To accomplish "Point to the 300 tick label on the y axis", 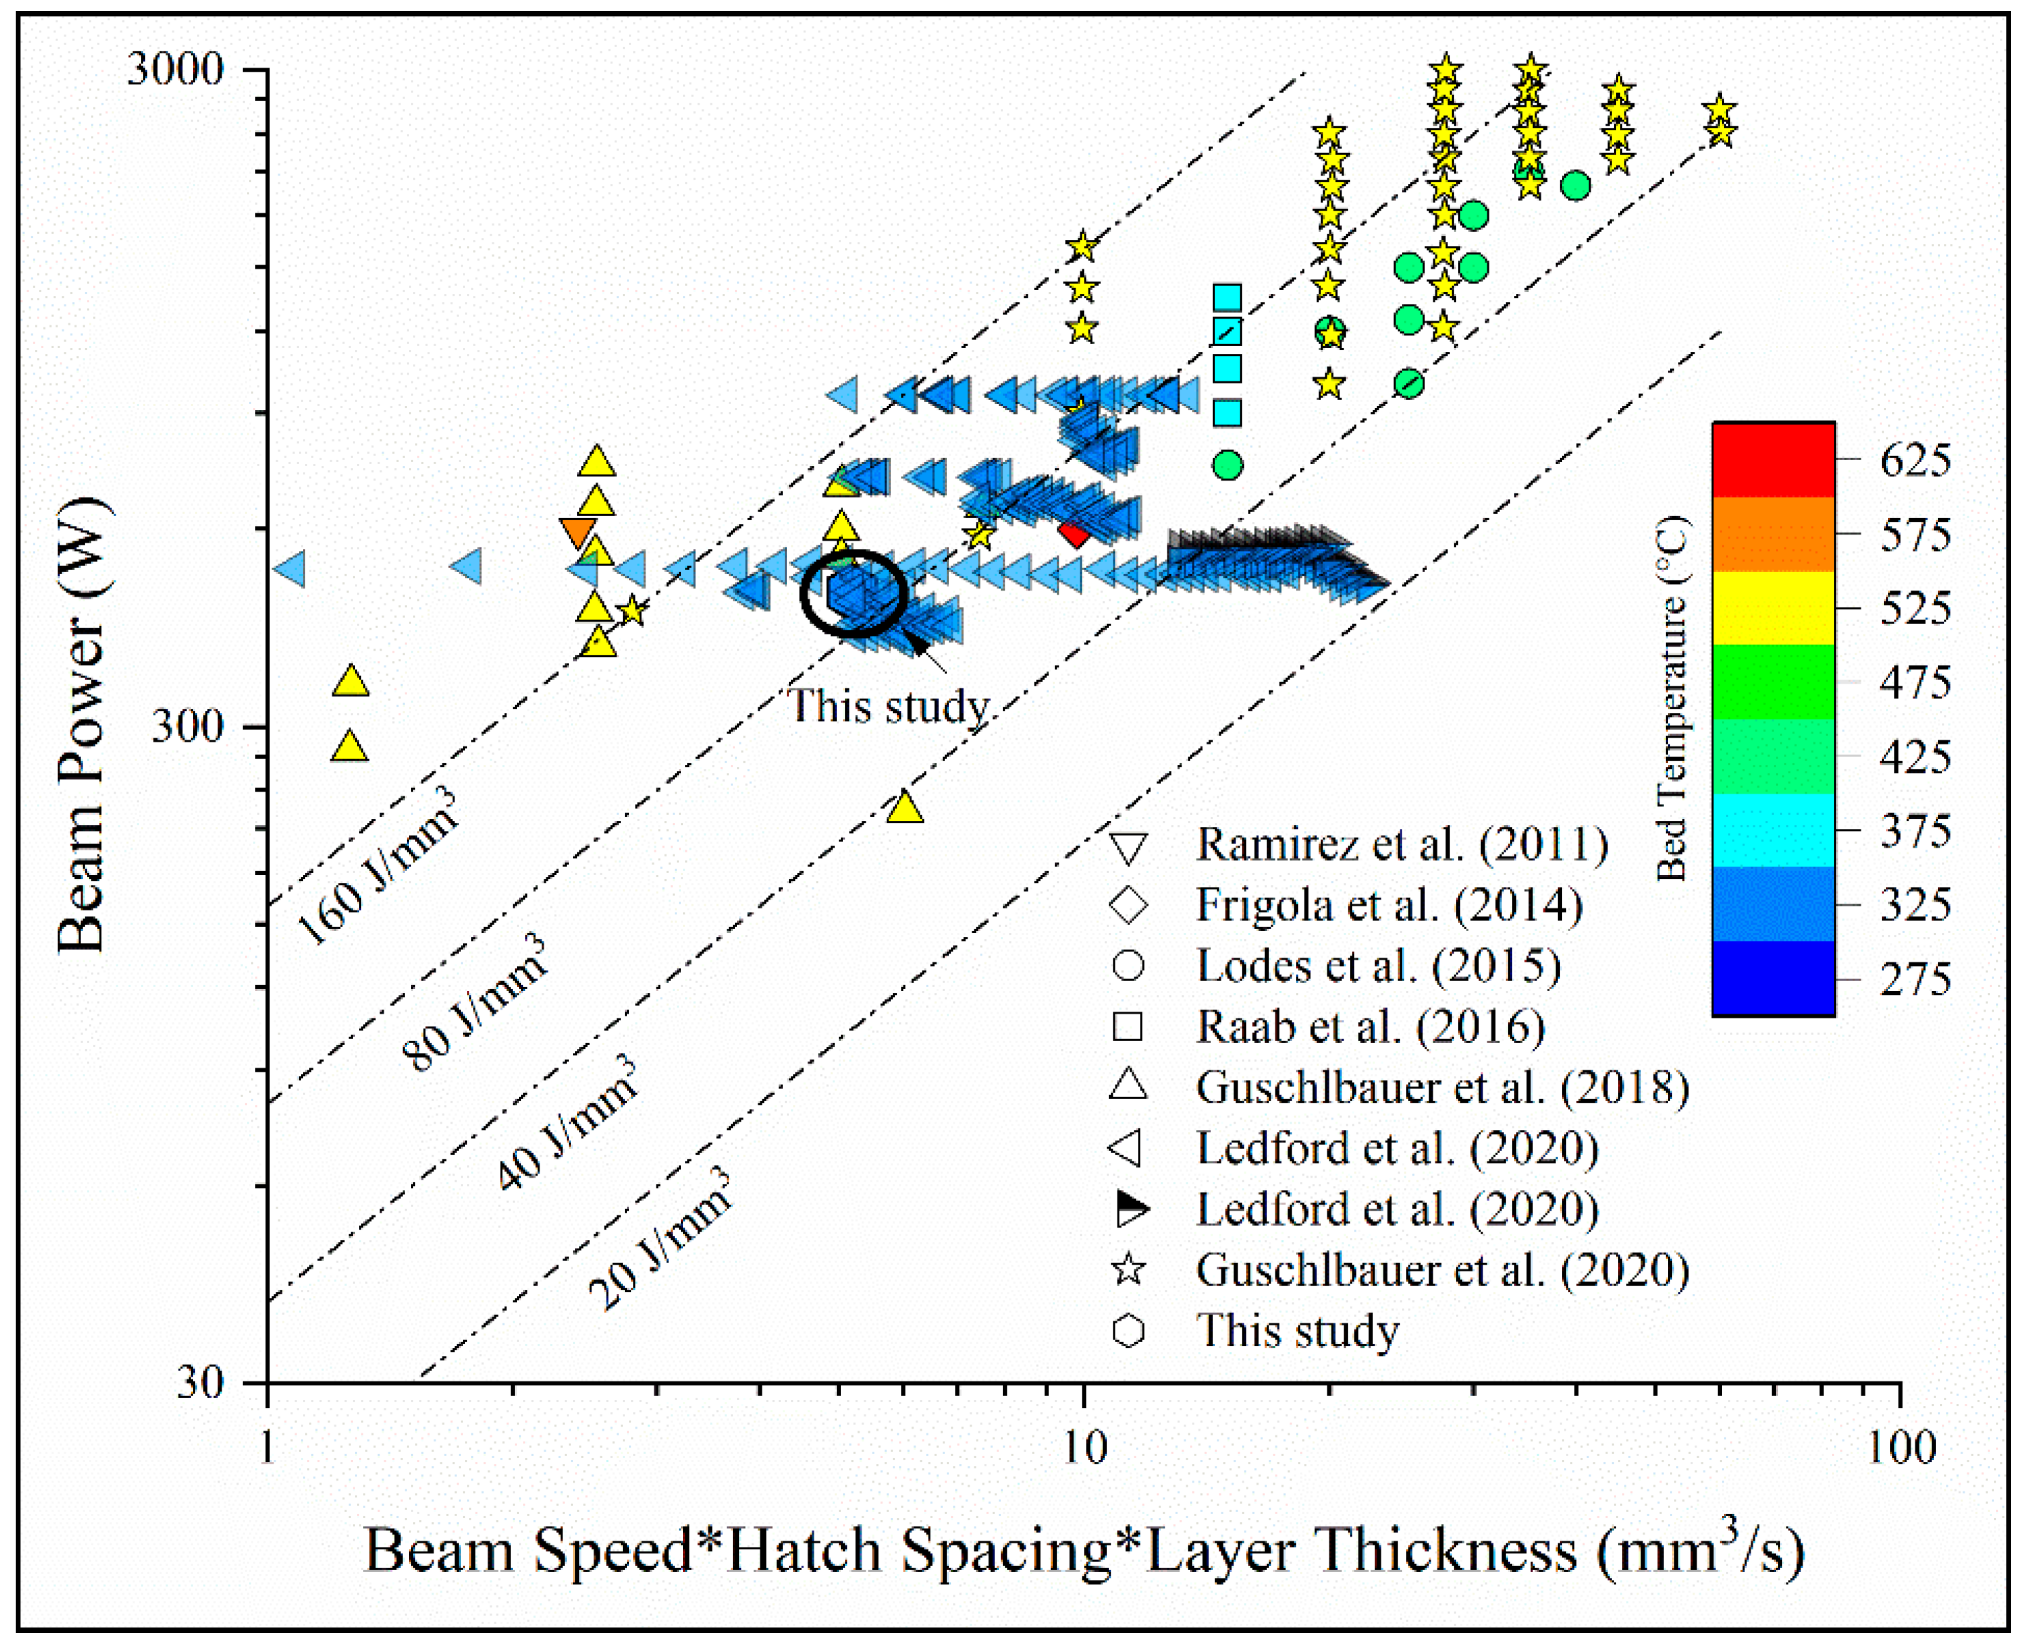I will (187, 727).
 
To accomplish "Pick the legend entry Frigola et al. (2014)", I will (1388, 905).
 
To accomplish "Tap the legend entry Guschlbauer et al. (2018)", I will (1441, 1087).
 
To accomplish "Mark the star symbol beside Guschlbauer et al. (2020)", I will (1128, 1269).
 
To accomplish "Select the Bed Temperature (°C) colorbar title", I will (1672, 698).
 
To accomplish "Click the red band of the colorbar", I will (1773, 459).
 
